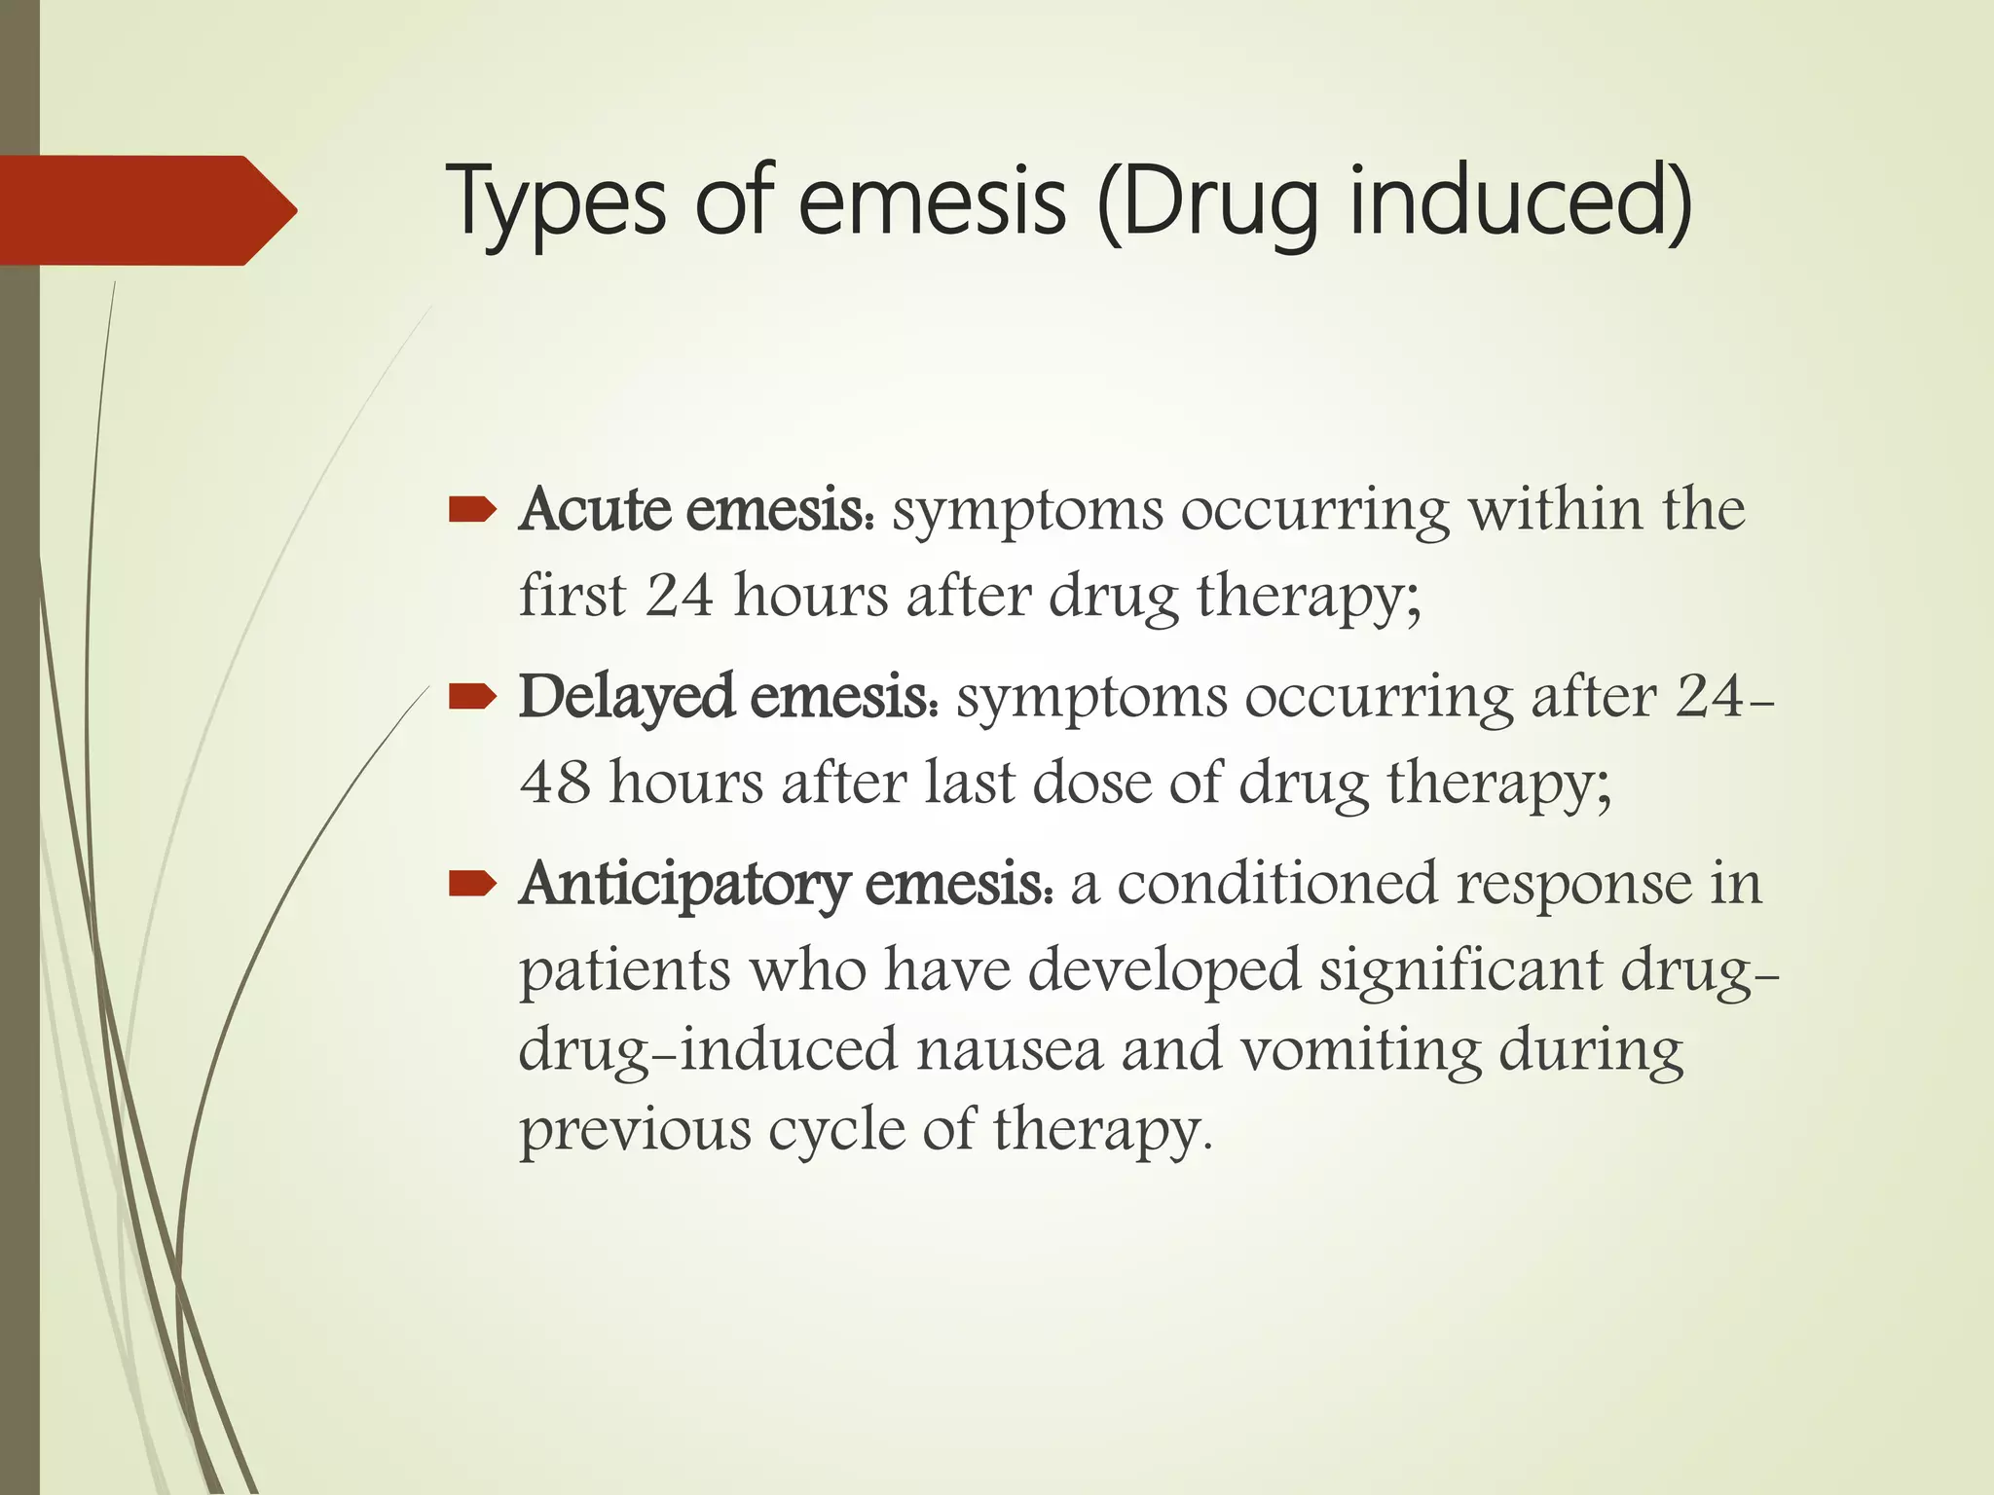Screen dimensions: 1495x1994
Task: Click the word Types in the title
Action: tap(555, 202)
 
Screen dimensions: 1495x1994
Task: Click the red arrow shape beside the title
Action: tap(146, 210)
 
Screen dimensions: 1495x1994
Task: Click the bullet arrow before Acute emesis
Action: tap(473, 510)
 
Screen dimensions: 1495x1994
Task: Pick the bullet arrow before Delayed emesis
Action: tap(473, 697)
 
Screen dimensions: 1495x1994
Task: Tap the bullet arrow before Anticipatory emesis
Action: tap(473, 884)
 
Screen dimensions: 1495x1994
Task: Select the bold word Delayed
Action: tap(626, 697)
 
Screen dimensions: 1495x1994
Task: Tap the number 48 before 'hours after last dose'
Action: tap(555, 782)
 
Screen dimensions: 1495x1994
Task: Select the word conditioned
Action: tap(1276, 884)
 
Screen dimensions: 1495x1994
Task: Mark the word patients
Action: tap(624, 969)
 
